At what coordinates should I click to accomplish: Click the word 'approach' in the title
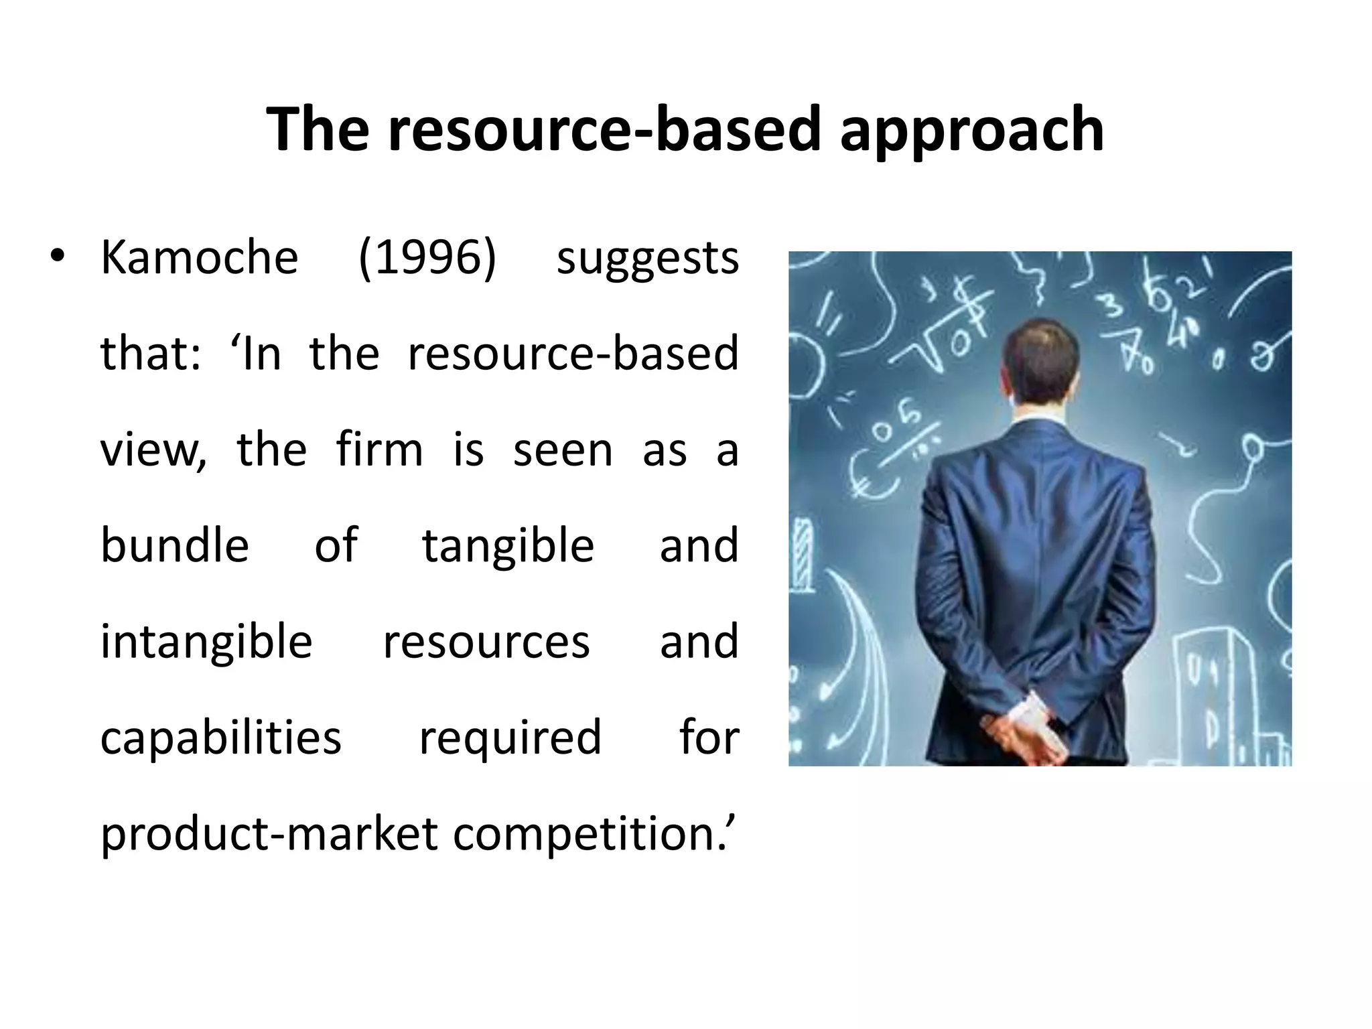point(971,131)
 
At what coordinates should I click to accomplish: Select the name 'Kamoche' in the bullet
point(199,258)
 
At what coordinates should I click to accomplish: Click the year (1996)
point(427,258)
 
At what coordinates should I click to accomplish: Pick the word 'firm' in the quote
point(379,450)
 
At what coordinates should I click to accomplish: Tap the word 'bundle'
point(175,545)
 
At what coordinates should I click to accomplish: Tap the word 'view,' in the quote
point(153,451)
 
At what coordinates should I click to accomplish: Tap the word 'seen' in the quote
point(563,451)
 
